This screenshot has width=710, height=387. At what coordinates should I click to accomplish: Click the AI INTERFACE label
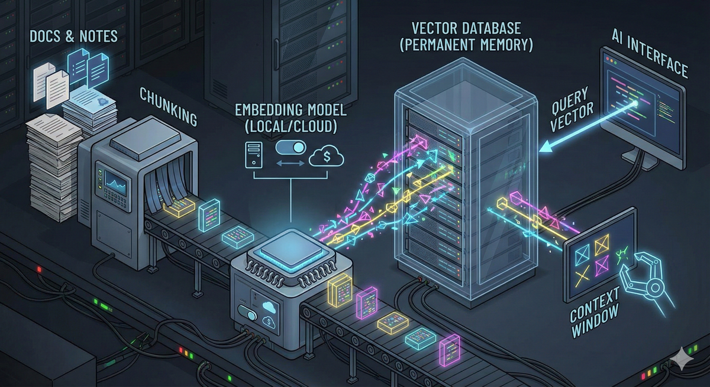pos(650,60)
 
